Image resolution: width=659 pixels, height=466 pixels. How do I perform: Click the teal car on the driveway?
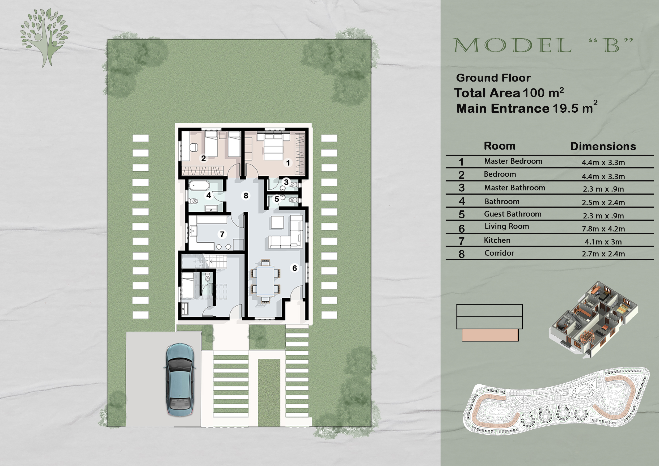click(x=179, y=379)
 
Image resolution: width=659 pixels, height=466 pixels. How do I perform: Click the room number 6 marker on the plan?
click(x=294, y=268)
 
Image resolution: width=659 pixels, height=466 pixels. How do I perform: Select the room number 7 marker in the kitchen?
click(x=222, y=234)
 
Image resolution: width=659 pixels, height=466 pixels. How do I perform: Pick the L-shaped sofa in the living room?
click(x=287, y=235)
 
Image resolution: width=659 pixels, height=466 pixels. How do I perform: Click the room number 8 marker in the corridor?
click(x=246, y=196)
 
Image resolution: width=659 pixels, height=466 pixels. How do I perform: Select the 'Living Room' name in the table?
click(x=506, y=226)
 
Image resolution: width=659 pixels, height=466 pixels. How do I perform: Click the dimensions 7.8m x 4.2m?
click(x=603, y=229)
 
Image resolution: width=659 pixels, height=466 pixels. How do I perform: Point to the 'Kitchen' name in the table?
click(x=497, y=240)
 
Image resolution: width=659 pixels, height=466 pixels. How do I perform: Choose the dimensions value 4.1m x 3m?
click(x=603, y=242)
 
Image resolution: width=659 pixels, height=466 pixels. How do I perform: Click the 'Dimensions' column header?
click(x=603, y=147)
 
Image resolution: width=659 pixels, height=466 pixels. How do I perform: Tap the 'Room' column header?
click(x=500, y=146)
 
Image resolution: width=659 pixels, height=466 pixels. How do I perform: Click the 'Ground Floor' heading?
click(x=493, y=78)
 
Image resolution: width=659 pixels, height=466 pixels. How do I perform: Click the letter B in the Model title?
click(x=611, y=46)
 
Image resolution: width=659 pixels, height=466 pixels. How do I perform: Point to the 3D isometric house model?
click(x=594, y=319)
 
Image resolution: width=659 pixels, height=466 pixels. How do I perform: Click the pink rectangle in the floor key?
click(x=490, y=335)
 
